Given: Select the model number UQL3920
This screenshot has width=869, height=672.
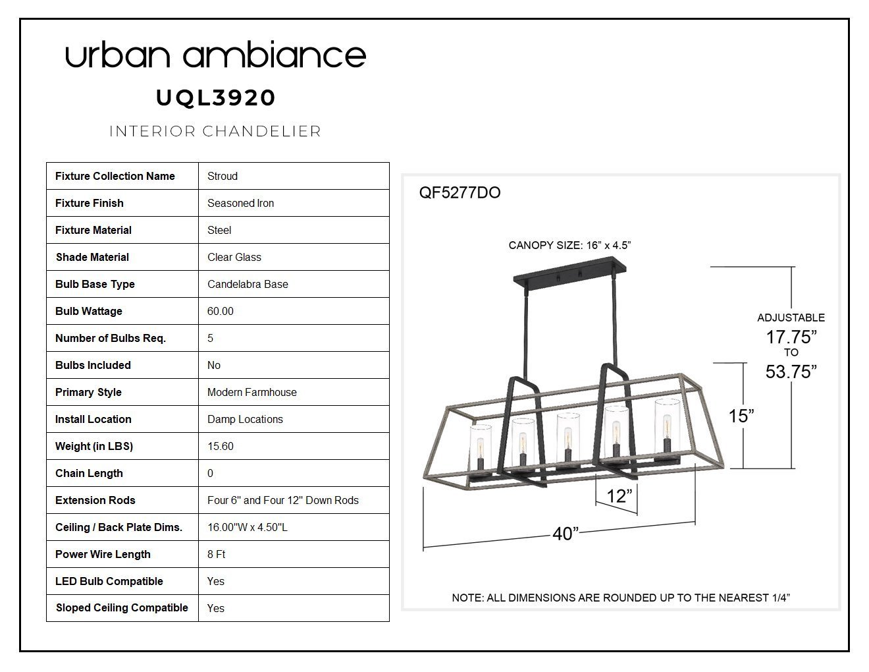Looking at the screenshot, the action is pos(216,98).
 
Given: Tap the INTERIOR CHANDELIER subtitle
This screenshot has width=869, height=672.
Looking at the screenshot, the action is pos(215,131).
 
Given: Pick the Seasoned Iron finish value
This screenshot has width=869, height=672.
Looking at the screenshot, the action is pos(240,204).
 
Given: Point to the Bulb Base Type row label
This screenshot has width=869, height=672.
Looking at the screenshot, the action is pos(95,284).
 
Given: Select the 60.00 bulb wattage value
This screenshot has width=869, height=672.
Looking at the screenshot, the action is pos(220,311).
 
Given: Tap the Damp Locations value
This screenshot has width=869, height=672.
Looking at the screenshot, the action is pos(245,419).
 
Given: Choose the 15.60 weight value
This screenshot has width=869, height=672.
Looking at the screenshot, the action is pos(220,446).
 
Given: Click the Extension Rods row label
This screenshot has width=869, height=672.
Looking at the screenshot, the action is pos(95,500).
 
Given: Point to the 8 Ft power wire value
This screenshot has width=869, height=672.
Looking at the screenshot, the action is pos(216,554).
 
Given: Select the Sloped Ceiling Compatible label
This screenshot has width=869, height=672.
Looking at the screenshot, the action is pos(122,607).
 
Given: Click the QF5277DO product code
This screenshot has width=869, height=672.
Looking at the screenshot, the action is pos(460,193).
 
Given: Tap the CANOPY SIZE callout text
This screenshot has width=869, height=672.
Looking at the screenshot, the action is pos(569,245).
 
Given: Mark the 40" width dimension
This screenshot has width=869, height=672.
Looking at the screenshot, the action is pos(566,534).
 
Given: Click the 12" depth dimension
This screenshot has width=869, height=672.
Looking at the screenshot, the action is pos(619,496).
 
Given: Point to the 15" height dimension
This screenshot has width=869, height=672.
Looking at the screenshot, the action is pos(741,416).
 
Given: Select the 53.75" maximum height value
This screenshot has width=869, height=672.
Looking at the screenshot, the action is pos(791,372).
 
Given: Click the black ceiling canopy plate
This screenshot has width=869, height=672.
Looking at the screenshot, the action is pos(569,274).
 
